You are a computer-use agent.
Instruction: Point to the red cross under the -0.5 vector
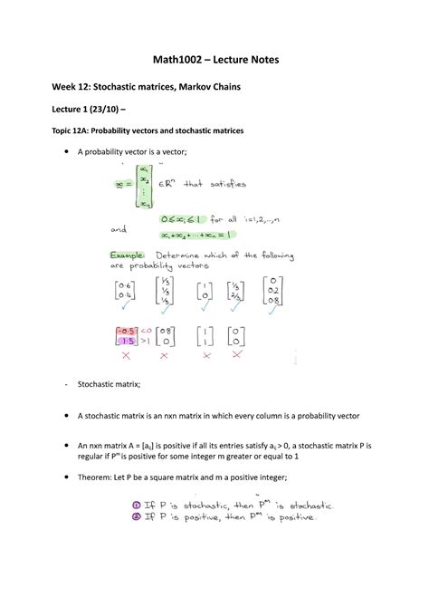point(123,356)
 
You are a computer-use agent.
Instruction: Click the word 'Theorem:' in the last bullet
point(100,476)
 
